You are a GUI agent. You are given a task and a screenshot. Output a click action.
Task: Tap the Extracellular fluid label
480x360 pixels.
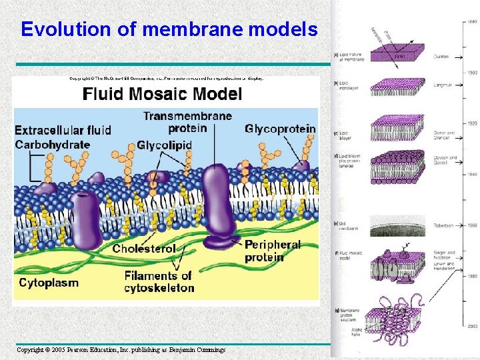pos(63,129)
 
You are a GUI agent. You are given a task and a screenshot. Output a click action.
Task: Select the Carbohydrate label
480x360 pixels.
pos(52,144)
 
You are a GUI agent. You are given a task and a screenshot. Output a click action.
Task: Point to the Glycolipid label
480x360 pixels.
pos(164,145)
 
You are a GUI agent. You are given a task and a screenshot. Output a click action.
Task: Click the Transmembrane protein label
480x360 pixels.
pos(187,122)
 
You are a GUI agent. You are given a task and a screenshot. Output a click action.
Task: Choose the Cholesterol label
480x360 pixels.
pos(144,249)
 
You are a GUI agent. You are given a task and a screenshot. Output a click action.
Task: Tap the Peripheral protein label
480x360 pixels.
pos(272,251)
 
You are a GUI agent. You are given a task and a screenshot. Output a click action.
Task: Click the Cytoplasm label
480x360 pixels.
pos(49,283)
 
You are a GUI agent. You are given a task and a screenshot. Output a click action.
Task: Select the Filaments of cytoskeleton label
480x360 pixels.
pos(159,281)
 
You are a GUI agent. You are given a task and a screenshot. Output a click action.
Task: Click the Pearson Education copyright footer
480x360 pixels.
pos(121,349)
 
